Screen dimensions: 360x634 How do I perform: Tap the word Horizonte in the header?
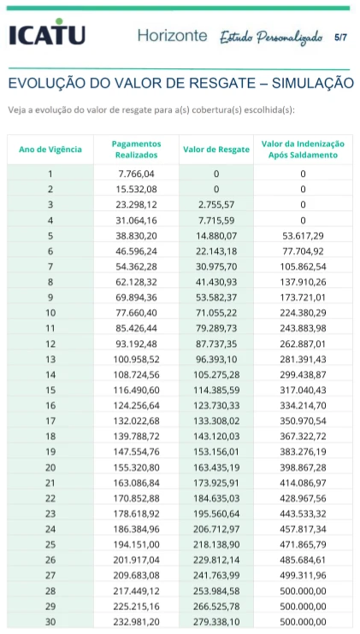[173, 36]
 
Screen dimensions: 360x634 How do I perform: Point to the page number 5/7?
[340, 38]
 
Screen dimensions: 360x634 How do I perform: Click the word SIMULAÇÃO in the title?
[313, 83]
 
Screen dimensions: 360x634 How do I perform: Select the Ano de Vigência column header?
[50, 150]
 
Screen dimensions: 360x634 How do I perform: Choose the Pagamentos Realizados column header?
[136, 150]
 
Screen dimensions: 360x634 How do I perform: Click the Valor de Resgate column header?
[216, 150]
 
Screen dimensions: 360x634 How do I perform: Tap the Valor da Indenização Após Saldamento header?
[303, 150]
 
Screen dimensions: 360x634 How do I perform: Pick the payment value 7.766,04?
[136, 174]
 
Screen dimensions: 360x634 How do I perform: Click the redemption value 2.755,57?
[216, 205]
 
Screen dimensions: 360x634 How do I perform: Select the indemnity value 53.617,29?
[303, 236]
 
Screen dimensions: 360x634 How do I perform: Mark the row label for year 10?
[50, 313]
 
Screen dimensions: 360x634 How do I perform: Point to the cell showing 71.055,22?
[216, 313]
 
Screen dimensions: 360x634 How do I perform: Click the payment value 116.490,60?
[136, 390]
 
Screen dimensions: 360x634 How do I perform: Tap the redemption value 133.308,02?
[216, 421]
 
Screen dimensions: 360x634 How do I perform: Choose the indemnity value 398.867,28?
[303, 467]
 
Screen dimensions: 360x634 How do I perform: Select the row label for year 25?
[50, 544]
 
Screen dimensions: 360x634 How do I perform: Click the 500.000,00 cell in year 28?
[303, 590]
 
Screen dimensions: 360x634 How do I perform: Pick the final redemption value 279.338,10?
[216, 621]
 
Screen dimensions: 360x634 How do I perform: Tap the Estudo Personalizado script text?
[271, 38]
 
